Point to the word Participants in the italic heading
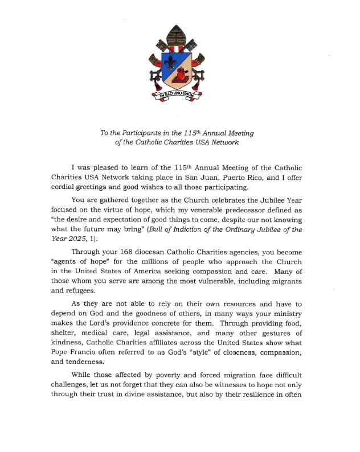point(136,133)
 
